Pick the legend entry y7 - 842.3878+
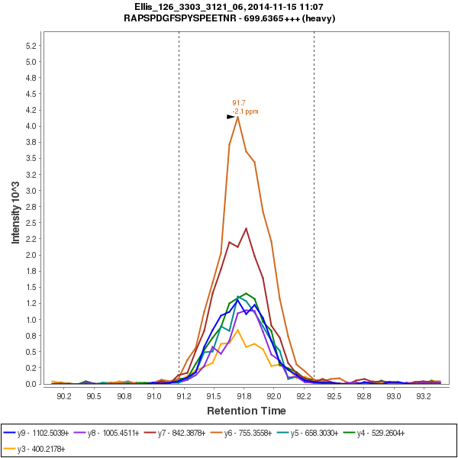click(183, 433)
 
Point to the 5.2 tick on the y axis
click(31, 46)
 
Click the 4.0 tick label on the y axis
click(31, 126)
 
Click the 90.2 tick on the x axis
click(63, 396)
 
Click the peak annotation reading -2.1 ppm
click(245, 111)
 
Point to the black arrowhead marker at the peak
click(231, 117)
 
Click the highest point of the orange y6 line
click(238, 117)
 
